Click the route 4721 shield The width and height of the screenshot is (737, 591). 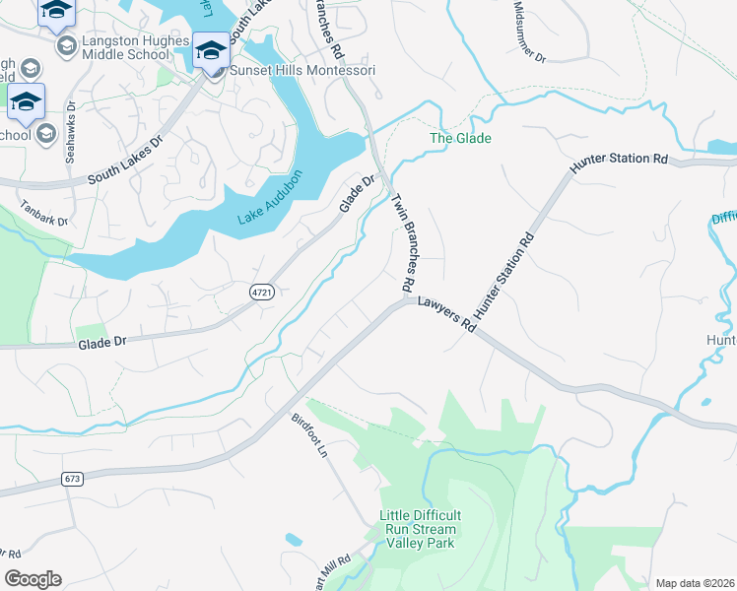[x=261, y=293]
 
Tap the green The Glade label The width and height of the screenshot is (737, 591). [x=460, y=139]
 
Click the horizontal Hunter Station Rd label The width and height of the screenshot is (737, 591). [x=620, y=159]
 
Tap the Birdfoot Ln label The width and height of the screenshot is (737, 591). [x=308, y=433]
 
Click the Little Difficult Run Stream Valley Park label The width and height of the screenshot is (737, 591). [x=421, y=529]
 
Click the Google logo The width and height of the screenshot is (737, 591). [x=33, y=579]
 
